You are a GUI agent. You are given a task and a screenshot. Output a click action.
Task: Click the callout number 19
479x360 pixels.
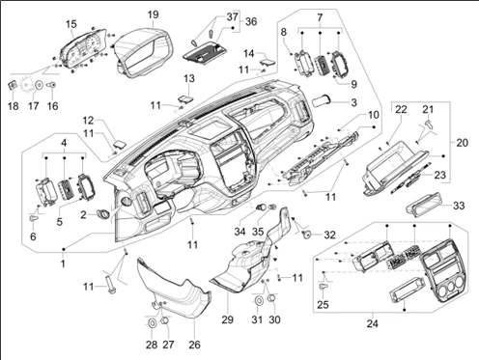click(154, 14)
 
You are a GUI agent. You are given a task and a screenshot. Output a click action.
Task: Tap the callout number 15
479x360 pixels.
click(71, 24)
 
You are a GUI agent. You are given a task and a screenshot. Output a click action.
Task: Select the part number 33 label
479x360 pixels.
click(459, 206)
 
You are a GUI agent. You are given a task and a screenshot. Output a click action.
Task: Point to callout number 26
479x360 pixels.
click(194, 345)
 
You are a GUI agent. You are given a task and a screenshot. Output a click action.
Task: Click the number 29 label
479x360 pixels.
click(228, 319)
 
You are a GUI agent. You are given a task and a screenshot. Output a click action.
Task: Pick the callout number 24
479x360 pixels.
click(373, 323)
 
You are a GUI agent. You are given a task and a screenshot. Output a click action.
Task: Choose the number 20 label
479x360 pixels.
click(463, 143)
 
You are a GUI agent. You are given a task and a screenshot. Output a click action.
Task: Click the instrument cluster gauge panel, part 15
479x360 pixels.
click(83, 51)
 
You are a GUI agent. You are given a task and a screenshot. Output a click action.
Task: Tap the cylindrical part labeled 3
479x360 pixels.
click(322, 100)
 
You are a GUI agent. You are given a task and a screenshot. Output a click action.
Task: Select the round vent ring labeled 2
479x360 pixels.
click(103, 213)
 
